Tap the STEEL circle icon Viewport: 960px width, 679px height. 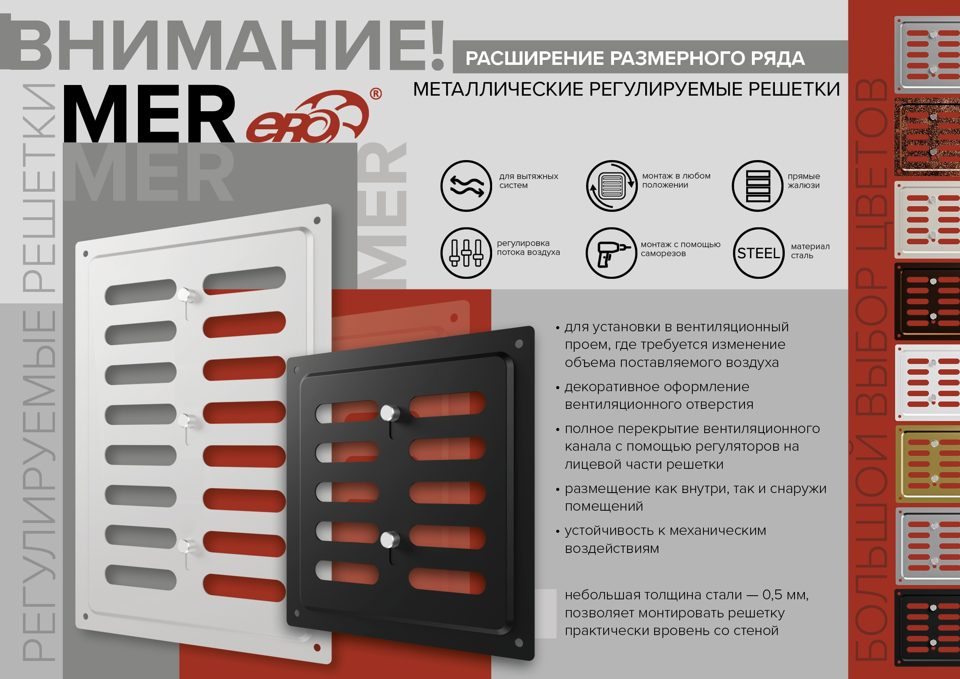click(x=758, y=253)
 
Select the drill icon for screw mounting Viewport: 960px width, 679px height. click(x=612, y=253)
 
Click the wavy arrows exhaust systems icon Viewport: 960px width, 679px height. click(x=466, y=186)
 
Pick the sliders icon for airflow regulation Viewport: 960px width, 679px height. click(x=466, y=253)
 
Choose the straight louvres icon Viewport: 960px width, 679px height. click(x=758, y=186)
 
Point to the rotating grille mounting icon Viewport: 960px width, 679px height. click(x=612, y=186)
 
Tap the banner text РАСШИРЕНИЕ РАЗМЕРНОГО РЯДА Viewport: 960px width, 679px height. click(x=635, y=58)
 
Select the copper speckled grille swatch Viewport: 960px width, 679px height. click(x=928, y=137)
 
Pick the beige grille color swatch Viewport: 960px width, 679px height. click(x=928, y=220)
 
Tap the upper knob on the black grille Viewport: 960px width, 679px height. click(x=389, y=413)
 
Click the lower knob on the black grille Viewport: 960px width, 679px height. click(x=389, y=539)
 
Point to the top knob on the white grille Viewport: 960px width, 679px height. click(x=185, y=295)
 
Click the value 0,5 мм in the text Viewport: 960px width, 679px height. click(x=785, y=594)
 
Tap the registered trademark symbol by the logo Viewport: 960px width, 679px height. click(x=376, y=94)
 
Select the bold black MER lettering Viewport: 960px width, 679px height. click(x=149, y=114)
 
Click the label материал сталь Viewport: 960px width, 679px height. click(x=810, y=251)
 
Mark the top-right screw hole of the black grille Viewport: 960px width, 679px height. click(x=519, y=344)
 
